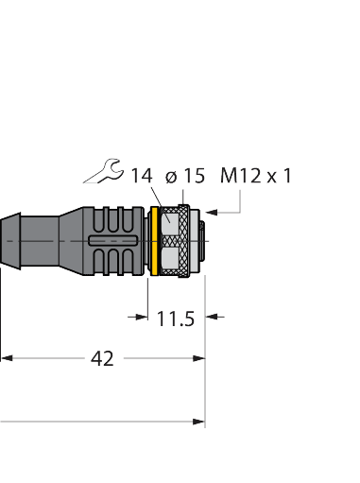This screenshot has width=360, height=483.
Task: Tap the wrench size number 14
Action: pyautogui.click(x=142, y=175)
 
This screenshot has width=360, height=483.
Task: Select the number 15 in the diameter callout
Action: pyautogui.click(x=194, y=175)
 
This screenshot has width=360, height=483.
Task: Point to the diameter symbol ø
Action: pyautogui.click(x=171, y=176)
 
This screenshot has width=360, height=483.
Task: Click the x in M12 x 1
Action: pyautogui.click(x=271, y=176)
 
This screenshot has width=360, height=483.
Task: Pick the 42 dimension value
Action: pyautogui.click(x=102, y=358)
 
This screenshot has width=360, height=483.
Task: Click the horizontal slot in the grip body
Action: pyautogui.click(x=111, y=242)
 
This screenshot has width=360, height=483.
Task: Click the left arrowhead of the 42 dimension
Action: pyautogui.click(x=6, y=358)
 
